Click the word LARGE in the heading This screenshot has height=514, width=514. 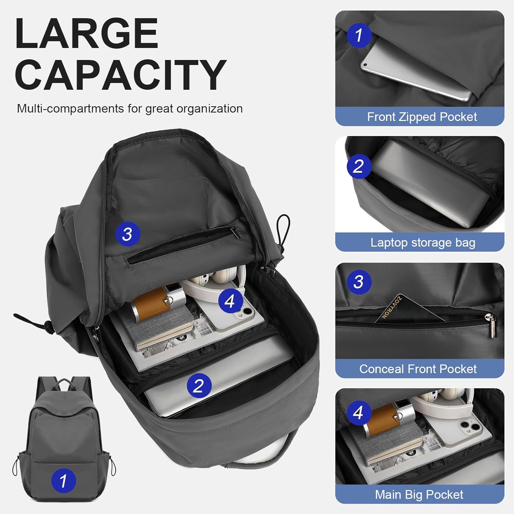(86, 34)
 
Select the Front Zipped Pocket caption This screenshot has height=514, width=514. (421, 117)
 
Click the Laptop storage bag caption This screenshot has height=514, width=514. (423, 243)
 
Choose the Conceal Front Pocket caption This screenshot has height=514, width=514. (418, 369)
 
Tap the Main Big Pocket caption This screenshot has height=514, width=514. (419, 495)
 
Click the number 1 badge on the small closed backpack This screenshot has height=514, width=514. (63, 480)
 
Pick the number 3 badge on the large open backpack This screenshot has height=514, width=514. (127, 234)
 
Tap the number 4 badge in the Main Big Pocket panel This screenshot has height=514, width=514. (358, 413)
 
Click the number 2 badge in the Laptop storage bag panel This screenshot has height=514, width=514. (358, 166)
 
